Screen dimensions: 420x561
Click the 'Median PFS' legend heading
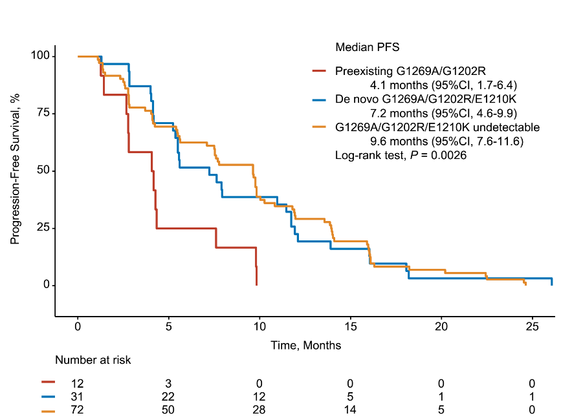tap(367, 47)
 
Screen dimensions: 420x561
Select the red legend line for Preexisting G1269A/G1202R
tap(321, 71)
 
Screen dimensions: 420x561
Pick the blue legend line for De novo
tap(321, 100)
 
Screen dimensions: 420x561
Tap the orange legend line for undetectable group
tap(321, 127)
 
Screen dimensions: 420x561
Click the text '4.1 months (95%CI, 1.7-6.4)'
tap(443, 85)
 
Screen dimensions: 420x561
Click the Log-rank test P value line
tap(401, 156)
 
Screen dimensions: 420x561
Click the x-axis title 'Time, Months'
tap(305, 346)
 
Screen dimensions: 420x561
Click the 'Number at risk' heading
tap(93, 360)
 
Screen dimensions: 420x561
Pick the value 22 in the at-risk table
tap(168, 395)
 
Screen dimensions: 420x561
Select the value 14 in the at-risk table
tap(350, 409)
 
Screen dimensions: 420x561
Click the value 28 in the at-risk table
tap(259, 409)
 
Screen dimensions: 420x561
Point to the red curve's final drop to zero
tap(257, 275)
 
